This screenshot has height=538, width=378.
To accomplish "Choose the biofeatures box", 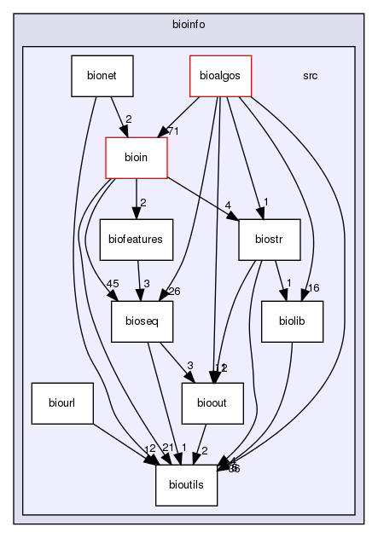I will coord(137,240).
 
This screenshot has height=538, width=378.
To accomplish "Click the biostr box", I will coord(270,240).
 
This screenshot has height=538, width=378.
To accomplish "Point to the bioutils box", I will coord(187,485).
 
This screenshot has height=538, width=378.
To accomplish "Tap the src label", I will coord(311,75).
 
